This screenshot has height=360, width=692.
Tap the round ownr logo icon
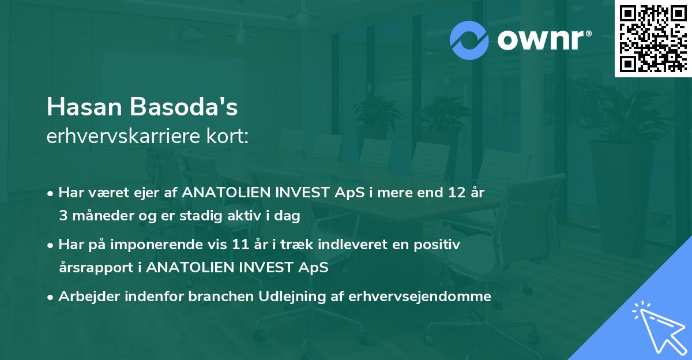point(470,40)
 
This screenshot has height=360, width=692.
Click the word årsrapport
point(100,268)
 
